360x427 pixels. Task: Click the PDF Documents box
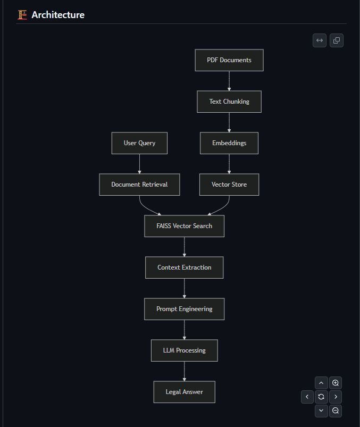(x=229, y=60)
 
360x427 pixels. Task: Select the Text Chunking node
(x=229, y=102)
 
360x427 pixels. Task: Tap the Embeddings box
(x=229, y=143)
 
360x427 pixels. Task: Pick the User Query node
(x=139, y=143)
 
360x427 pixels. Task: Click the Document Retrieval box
(x=139, y=185)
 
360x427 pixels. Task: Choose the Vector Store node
(x=229, y=185)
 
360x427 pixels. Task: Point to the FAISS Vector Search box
(x=184, y=226)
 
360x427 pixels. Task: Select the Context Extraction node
(x=184, y=267)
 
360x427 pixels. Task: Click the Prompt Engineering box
(x=184, y=309)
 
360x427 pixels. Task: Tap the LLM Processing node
(x=184, y=350)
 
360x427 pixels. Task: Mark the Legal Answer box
(x=184, y=392)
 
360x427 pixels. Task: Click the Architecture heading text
(x=57, y=15)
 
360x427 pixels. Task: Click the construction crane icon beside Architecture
(x=22, y=15)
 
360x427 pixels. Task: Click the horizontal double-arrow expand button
(x=320, y=40)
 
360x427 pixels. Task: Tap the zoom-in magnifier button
(x=335, y=383)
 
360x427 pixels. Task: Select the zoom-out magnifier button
(x=335, y=411)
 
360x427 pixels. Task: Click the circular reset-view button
(x=321, y=397)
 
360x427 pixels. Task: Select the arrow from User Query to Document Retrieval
(x=139, y=164)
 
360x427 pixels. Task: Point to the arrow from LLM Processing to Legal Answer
(x=184, y=371)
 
